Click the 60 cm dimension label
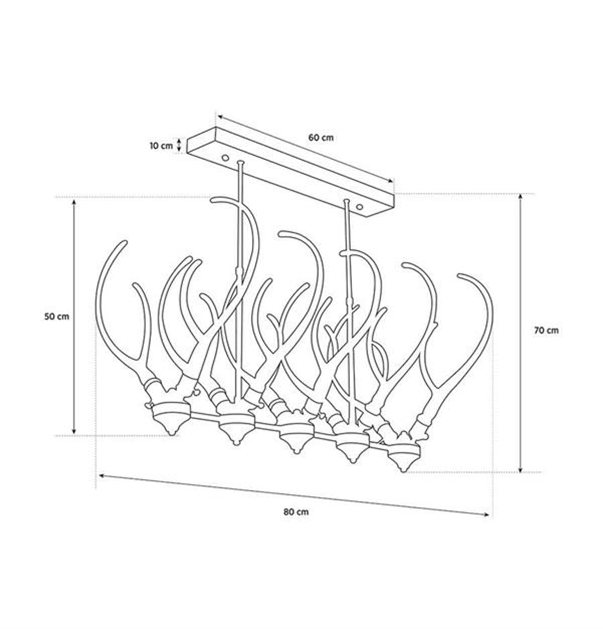coord(321,137)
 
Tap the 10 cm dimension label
coord(161,146)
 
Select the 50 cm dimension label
coord(57,317)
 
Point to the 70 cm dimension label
coord(546,331)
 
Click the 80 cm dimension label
coord(296,512)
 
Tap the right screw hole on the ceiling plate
coord(359,206)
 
